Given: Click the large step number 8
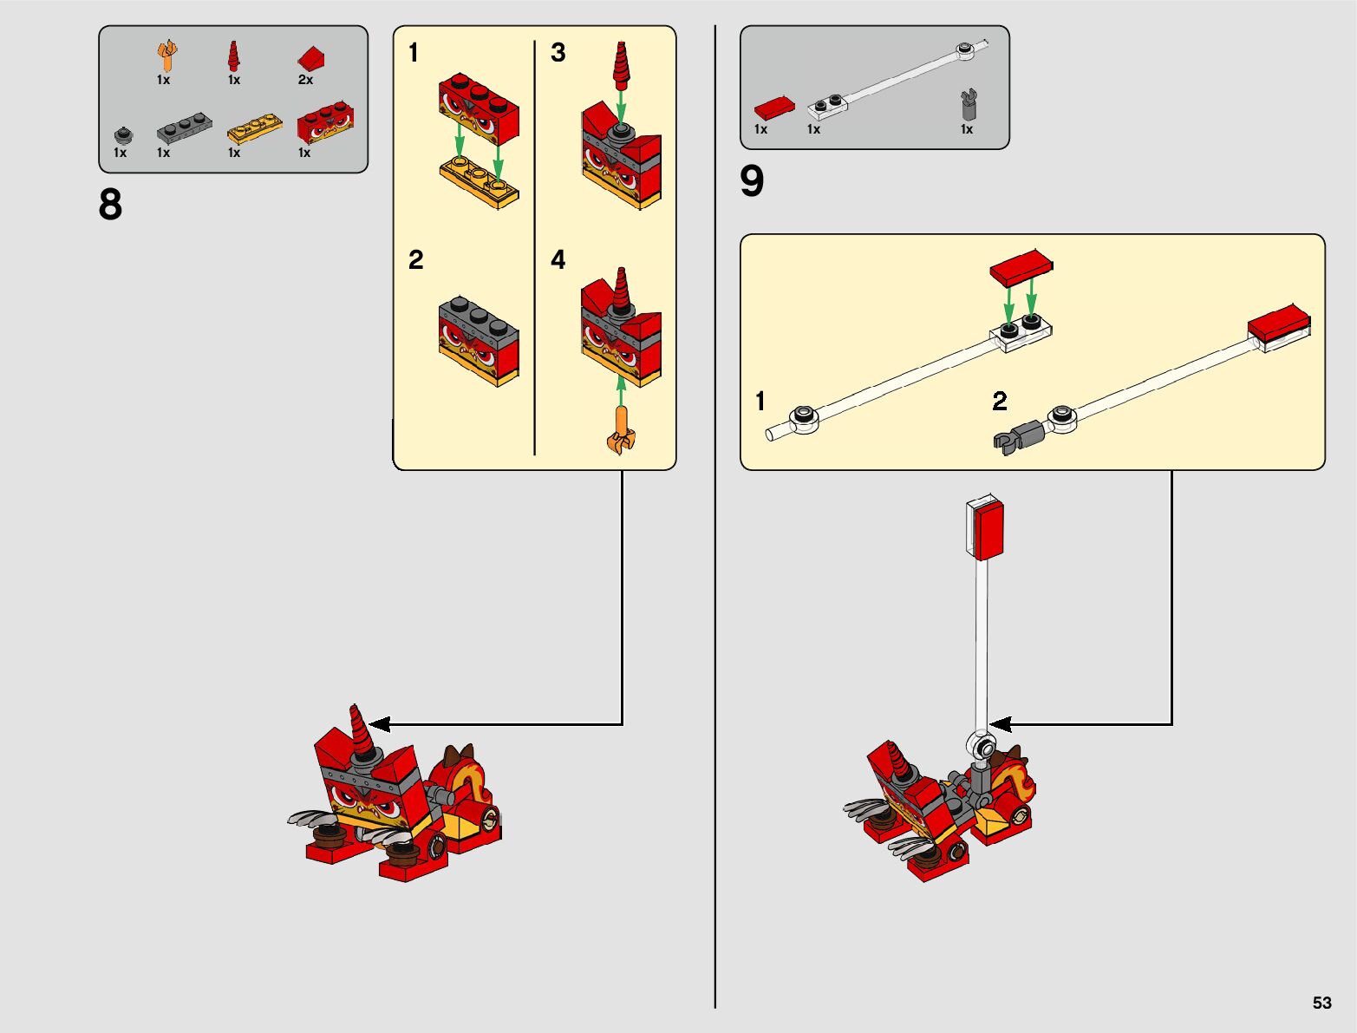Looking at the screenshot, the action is [110, 205].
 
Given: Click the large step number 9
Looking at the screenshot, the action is [752, 180].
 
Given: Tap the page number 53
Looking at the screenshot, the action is [1321, 1002].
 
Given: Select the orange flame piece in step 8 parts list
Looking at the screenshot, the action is [166, 56].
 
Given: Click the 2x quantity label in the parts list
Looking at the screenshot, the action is [305, 80].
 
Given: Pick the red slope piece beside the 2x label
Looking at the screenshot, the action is [311, 59].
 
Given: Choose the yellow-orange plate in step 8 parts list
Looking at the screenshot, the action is [255, 128].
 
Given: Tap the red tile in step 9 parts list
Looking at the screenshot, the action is [774, 108].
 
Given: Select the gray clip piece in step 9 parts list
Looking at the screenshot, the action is [969, 104].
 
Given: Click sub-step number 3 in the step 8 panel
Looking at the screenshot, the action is [558, 53].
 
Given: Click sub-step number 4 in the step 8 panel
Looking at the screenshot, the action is [558, 259].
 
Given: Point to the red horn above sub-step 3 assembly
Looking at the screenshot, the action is [621, 66].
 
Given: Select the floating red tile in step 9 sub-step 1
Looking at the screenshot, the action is [1021, 268].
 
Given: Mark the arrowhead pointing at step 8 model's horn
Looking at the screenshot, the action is [378, 724].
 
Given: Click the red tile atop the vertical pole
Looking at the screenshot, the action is [988, 530].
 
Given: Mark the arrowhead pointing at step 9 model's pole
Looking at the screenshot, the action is [1000, 724].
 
